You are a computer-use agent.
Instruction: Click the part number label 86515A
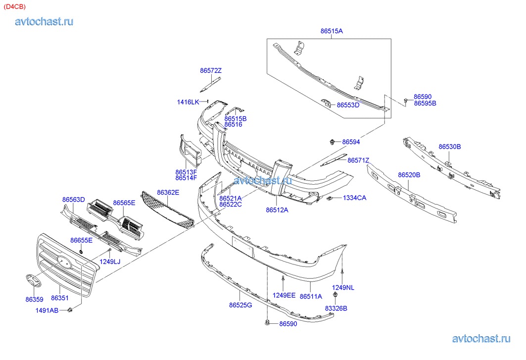(332, 31)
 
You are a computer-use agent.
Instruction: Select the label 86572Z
(211, 70)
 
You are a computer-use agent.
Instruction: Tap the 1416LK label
(188, 102)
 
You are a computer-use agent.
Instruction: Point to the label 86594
(351, 142)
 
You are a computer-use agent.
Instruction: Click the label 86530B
(450, 147)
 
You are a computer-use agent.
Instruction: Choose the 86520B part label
(409, 175)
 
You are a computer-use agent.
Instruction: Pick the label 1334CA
(355, 198)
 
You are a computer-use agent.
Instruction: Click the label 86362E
(168, 192)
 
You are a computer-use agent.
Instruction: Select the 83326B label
(336, 308)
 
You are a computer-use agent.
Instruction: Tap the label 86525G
(240, 305)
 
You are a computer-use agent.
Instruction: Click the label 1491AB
(47, 310)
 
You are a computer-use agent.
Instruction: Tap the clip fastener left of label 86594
(331, 143)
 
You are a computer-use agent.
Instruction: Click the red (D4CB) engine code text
(15, 6)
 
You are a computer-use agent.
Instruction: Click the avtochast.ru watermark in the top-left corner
(44, 21)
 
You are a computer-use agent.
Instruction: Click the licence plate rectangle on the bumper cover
(243, 246)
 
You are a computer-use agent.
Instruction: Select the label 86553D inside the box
(348, 105)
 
